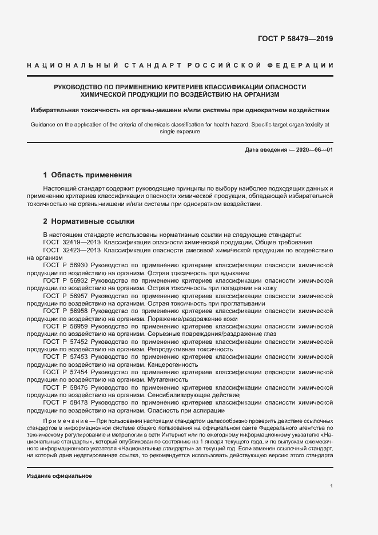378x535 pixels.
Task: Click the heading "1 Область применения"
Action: point(87,175)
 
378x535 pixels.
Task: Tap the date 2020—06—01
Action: point(313,150)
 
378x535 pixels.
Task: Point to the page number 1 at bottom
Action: point(331,486)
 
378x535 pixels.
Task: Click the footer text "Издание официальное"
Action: point(59,476)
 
